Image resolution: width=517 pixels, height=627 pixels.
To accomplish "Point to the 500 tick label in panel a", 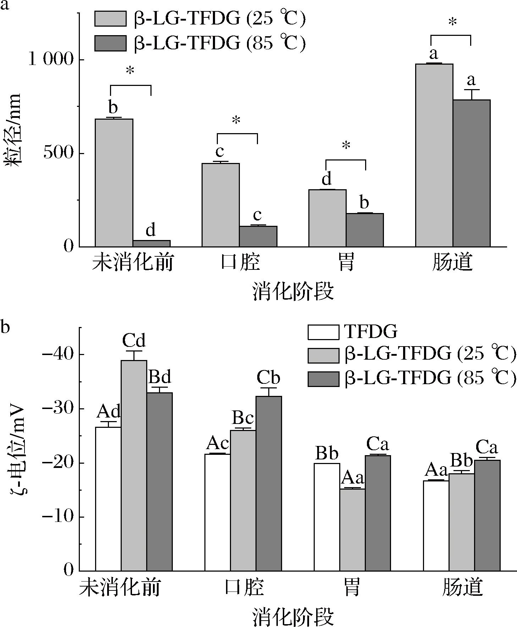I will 56,153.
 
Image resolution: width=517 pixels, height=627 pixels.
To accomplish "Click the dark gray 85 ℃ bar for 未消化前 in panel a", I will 152,243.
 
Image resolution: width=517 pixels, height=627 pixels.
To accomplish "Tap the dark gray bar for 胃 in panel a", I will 365,230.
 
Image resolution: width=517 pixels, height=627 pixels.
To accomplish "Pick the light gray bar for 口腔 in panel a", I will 220,205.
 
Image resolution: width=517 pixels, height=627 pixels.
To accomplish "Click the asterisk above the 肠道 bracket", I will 452,23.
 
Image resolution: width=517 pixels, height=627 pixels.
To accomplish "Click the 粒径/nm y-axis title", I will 13,130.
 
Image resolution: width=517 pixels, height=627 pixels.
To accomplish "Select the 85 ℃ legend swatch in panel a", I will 110,43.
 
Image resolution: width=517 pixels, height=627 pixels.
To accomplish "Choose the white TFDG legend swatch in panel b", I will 323,332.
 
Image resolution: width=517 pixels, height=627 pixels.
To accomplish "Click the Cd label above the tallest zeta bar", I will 134,341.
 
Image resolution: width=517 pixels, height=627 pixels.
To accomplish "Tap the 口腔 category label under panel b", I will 244,587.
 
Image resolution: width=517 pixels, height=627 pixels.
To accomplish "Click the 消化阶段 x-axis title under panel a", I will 293,292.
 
